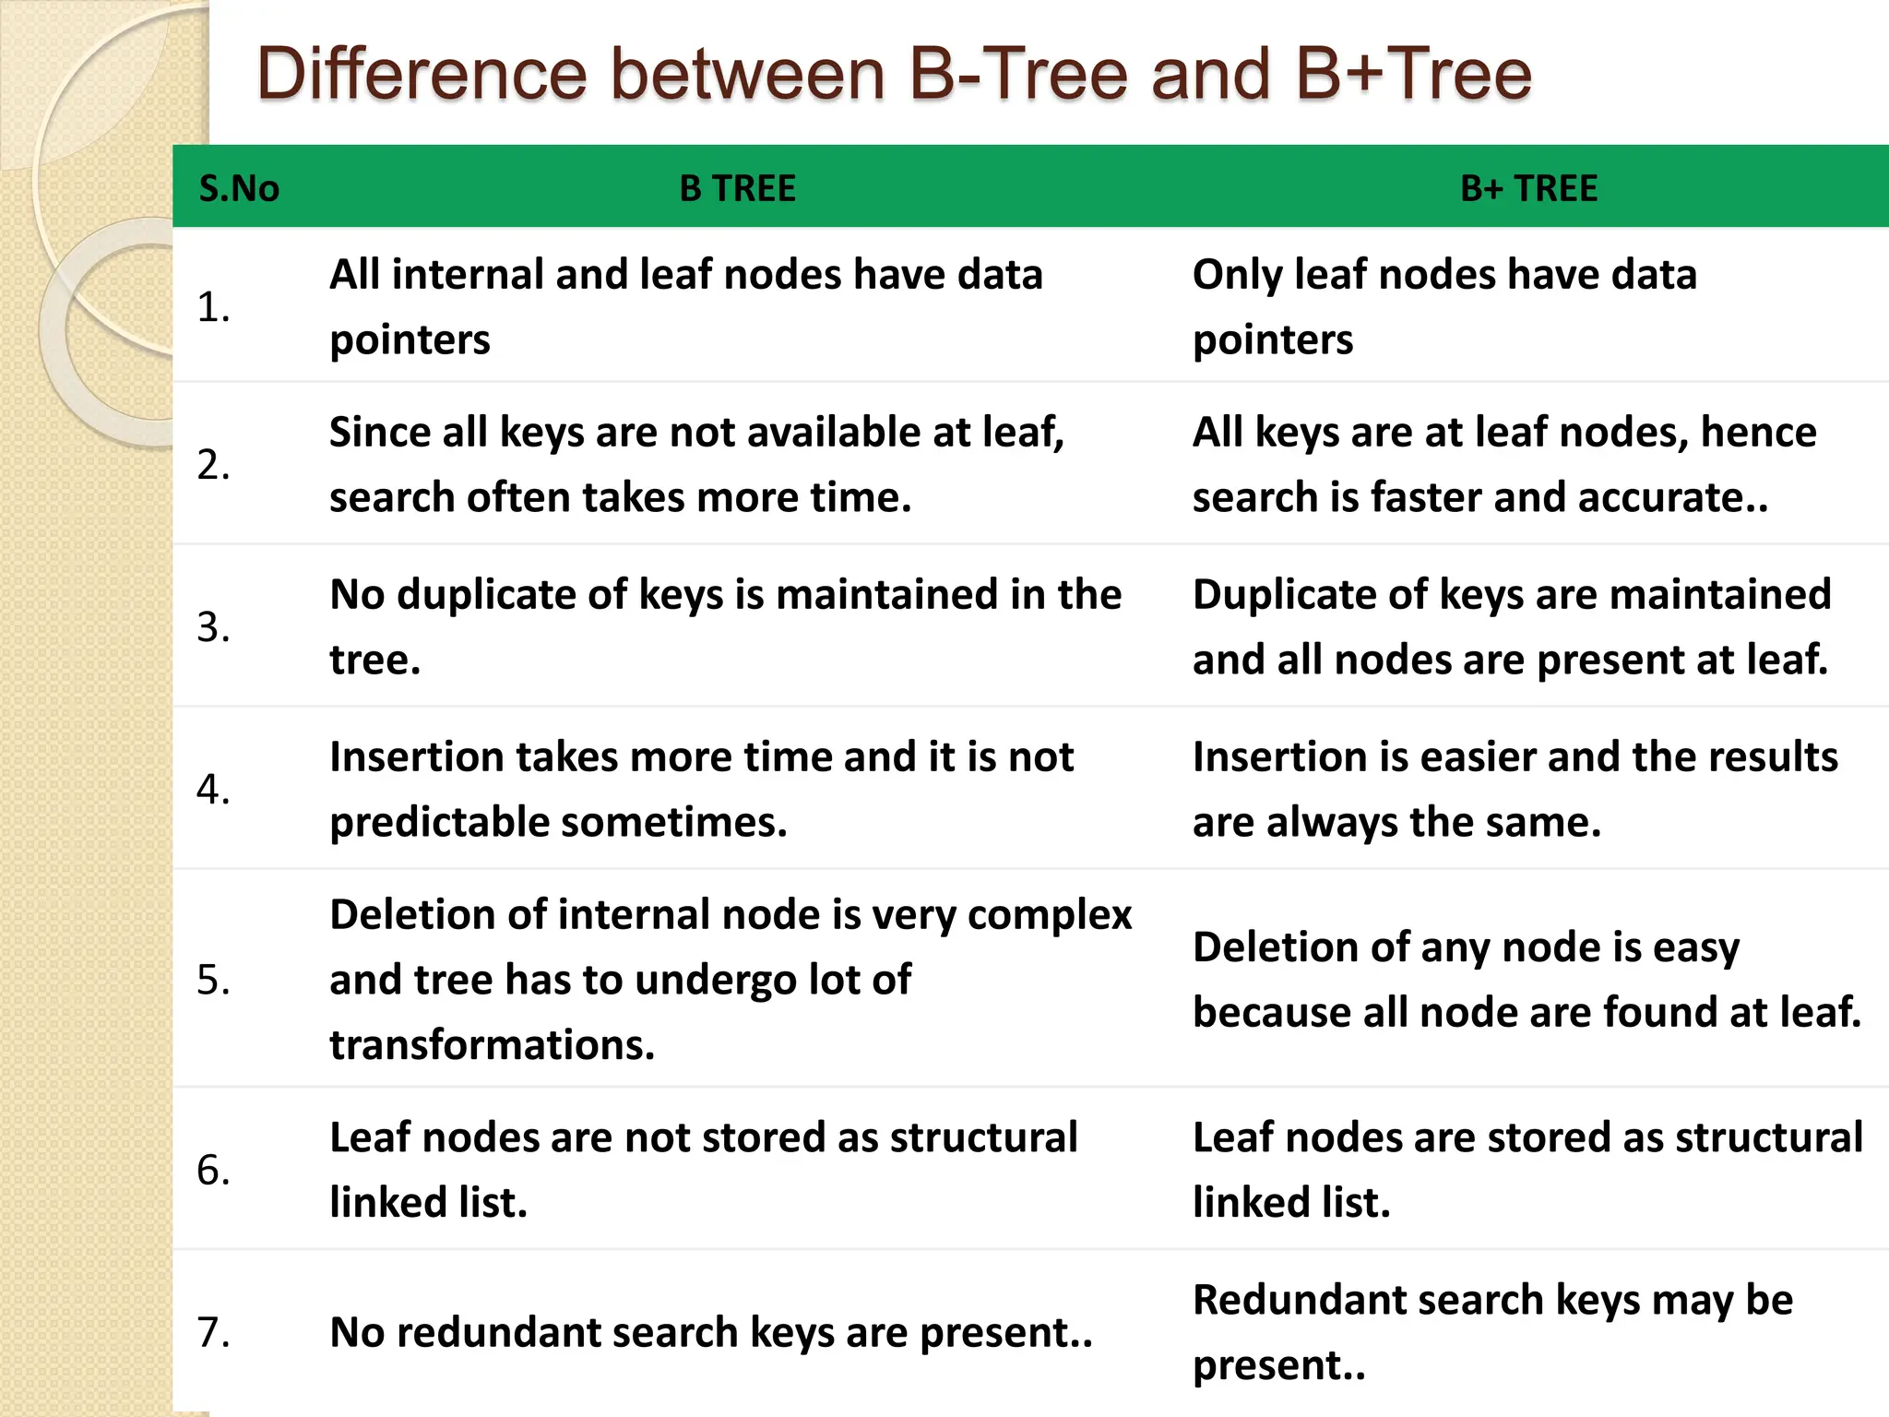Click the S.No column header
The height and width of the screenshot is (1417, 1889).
pos(239,188)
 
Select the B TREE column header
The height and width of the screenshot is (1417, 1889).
pos(737,188)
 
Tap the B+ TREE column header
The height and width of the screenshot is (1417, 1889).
pos(1528,188)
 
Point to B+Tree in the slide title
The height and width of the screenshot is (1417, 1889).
pos(1413,74)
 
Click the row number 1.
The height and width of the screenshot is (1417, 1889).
pos(213,306)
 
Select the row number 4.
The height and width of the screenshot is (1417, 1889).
pos(213,790)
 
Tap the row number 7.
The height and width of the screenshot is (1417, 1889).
pos(213,1332)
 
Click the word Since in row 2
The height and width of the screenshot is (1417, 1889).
pos(378,432)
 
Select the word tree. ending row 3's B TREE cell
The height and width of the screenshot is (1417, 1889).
pos(374,660)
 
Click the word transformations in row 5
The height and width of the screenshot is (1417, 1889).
pos(492,1045)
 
